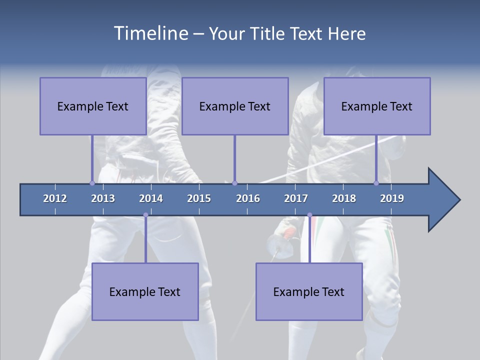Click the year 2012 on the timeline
tap(55, 198)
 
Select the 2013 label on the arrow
tap(103, 198)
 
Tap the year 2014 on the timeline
tap(151, 198)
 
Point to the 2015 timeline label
tap(199, 198)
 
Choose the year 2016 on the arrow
tap(248, 198)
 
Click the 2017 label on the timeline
tap(296, 198)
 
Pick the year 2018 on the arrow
tap(344, 198)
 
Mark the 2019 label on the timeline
tap(392, 198)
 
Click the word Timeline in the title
tap(150, 33)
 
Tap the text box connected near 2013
tap(93, 106)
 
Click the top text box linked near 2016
tap(235, 106)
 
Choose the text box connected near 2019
tap(377, 106)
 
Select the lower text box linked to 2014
tap(145, 291)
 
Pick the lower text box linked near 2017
tap(309, 291)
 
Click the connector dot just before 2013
tap(92, 183)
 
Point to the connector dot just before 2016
tap(234, 183)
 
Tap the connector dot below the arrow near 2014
tap(145, 215)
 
